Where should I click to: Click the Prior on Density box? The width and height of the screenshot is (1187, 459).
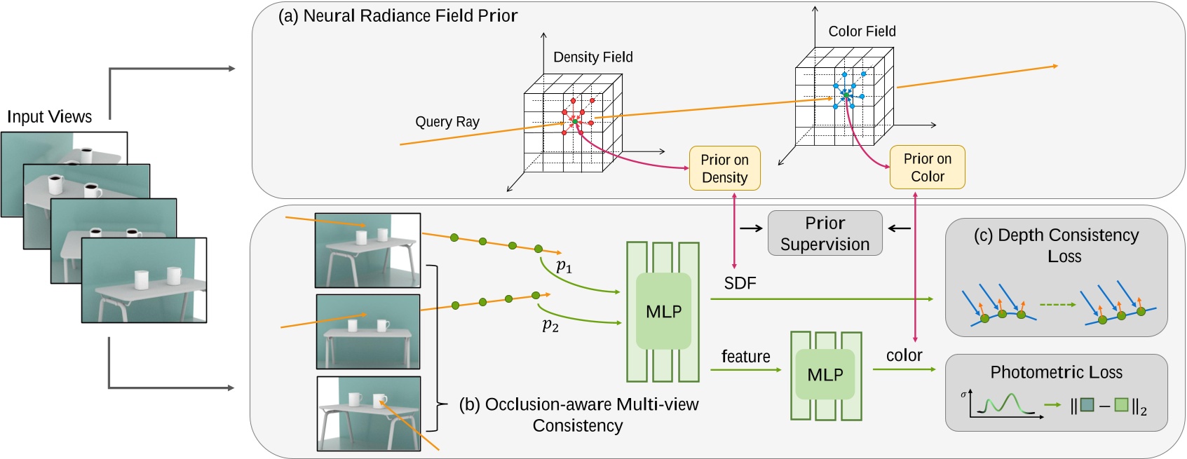724,168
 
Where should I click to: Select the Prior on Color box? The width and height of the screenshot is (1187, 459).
927,167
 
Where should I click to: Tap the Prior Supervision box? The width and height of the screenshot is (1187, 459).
825,233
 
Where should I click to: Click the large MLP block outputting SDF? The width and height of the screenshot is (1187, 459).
663,311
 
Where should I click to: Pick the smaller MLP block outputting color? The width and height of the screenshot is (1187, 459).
825,375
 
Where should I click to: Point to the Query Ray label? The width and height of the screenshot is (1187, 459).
447,122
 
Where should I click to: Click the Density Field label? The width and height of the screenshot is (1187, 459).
592,57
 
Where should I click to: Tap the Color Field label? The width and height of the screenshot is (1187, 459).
862,32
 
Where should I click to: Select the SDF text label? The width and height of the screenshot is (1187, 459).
740,283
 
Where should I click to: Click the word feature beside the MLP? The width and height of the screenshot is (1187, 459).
745,357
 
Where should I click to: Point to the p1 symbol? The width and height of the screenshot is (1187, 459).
564,266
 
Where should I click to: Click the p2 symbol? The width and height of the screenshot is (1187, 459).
550,325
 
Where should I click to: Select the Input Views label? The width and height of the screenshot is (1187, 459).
49,117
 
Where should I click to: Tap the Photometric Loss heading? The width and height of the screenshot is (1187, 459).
1056,372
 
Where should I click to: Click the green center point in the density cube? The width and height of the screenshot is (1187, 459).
575,122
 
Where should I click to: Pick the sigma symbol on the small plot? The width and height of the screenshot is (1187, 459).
963,395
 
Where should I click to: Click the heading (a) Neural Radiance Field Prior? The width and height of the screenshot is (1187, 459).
398,15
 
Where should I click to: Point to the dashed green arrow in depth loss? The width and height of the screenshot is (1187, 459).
1057,305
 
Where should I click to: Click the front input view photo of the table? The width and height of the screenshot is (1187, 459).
144,280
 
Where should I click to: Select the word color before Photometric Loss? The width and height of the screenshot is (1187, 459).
904,355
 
